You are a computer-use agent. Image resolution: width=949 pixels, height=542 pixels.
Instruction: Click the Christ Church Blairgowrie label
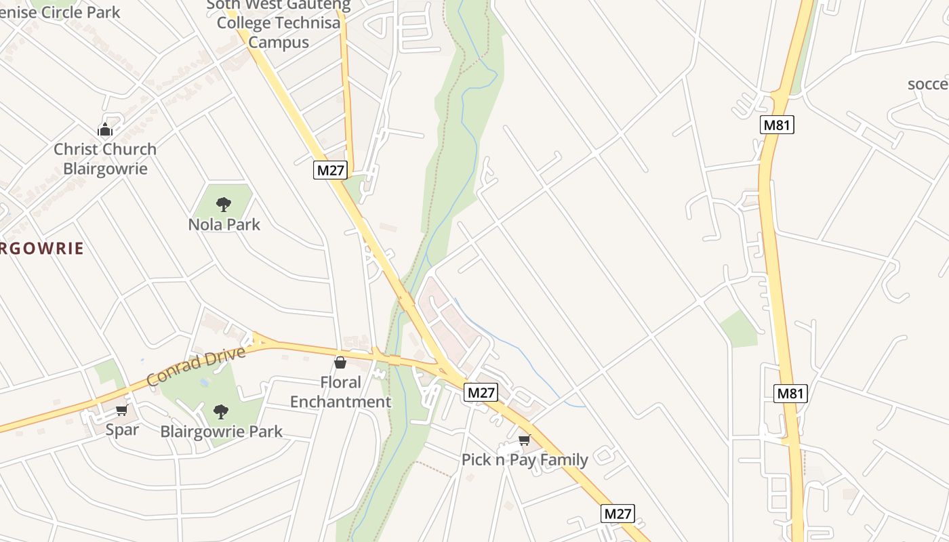pos(105,159)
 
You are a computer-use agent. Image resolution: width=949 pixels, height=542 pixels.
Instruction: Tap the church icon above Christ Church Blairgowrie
pos(105,129)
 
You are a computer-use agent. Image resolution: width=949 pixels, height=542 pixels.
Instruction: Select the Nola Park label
pos(224,224)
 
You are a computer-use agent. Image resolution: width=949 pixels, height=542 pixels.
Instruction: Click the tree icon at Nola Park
pos(223,204)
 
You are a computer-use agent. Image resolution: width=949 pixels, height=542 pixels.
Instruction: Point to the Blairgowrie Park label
pos(221,432)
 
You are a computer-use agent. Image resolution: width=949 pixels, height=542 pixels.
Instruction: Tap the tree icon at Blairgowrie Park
pos(220,411)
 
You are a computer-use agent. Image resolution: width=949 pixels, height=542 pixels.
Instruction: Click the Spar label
pos(122,430)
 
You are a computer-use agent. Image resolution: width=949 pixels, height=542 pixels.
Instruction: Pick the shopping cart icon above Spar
pos(122,410)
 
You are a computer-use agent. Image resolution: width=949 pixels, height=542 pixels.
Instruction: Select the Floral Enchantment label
pos(340,392)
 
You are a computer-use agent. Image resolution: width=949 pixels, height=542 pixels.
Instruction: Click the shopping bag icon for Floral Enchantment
pos(340,362)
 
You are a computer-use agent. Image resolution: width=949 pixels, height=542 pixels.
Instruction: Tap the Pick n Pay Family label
pos(525,460)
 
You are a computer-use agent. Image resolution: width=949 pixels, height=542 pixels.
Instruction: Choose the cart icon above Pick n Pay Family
pos(524,440)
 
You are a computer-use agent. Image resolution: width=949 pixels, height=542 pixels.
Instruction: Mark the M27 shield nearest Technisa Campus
pos(331,170)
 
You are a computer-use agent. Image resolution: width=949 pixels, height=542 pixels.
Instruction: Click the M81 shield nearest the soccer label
pos(778,125)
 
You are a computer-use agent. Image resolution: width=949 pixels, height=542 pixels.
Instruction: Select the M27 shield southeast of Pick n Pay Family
pos(618,514)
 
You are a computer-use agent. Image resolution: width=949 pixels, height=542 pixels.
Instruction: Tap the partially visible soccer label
pos(928,84)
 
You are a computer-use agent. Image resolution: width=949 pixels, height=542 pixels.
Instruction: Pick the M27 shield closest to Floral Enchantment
pos(481,392)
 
